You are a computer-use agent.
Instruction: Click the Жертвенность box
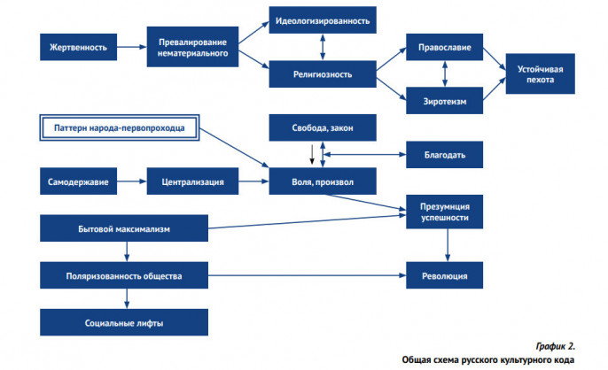coord(78,47)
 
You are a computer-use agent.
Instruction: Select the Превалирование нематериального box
coord(192,47)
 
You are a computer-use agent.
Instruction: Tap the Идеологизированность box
coord(323,20)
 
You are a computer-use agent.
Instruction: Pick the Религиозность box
coord(323,74)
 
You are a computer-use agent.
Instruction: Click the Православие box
coord(444,47)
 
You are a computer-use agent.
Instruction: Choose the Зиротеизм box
coord(444,101)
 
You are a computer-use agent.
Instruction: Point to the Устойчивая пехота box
coord(540,73)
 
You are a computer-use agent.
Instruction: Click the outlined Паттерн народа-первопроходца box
coord(120,127)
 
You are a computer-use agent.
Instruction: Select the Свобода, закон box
coord(323,127)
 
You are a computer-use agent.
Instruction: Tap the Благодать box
coord(444,155)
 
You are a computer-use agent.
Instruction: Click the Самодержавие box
coord(78,181)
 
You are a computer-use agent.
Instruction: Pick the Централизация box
coord(192,181)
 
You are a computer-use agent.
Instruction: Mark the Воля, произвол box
coord(323,181)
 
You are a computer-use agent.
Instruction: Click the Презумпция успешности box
coord(444,212)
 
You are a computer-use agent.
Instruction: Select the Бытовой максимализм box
coord(124,228)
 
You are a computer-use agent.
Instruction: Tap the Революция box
coord(444,275)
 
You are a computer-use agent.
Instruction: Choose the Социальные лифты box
coord(124,322)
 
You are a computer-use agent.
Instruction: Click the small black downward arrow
coord(312,155)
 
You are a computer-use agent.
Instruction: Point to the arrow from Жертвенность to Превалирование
coord(132,47)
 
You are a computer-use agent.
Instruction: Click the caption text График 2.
coord(555,346)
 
